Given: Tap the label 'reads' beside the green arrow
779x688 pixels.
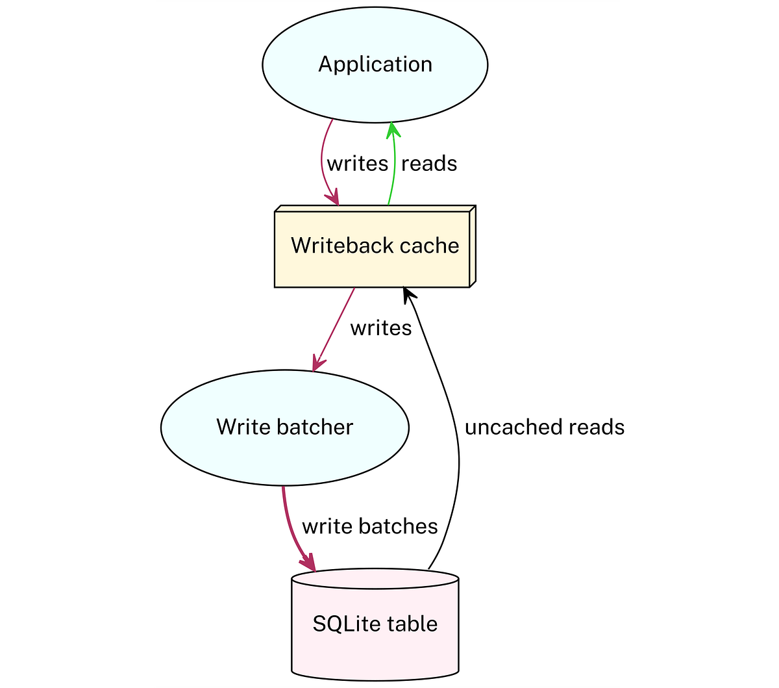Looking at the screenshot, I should (x=429, y=164).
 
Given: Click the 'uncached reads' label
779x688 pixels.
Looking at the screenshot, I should (x=544, y=427).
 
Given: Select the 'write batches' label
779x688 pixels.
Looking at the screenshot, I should (x=370, y=526).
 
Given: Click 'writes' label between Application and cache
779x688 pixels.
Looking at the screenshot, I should (x=357, y=164).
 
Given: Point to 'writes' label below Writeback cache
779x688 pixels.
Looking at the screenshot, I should (x=381, y=329).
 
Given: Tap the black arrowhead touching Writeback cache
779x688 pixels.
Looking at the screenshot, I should (x=408, y=296).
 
